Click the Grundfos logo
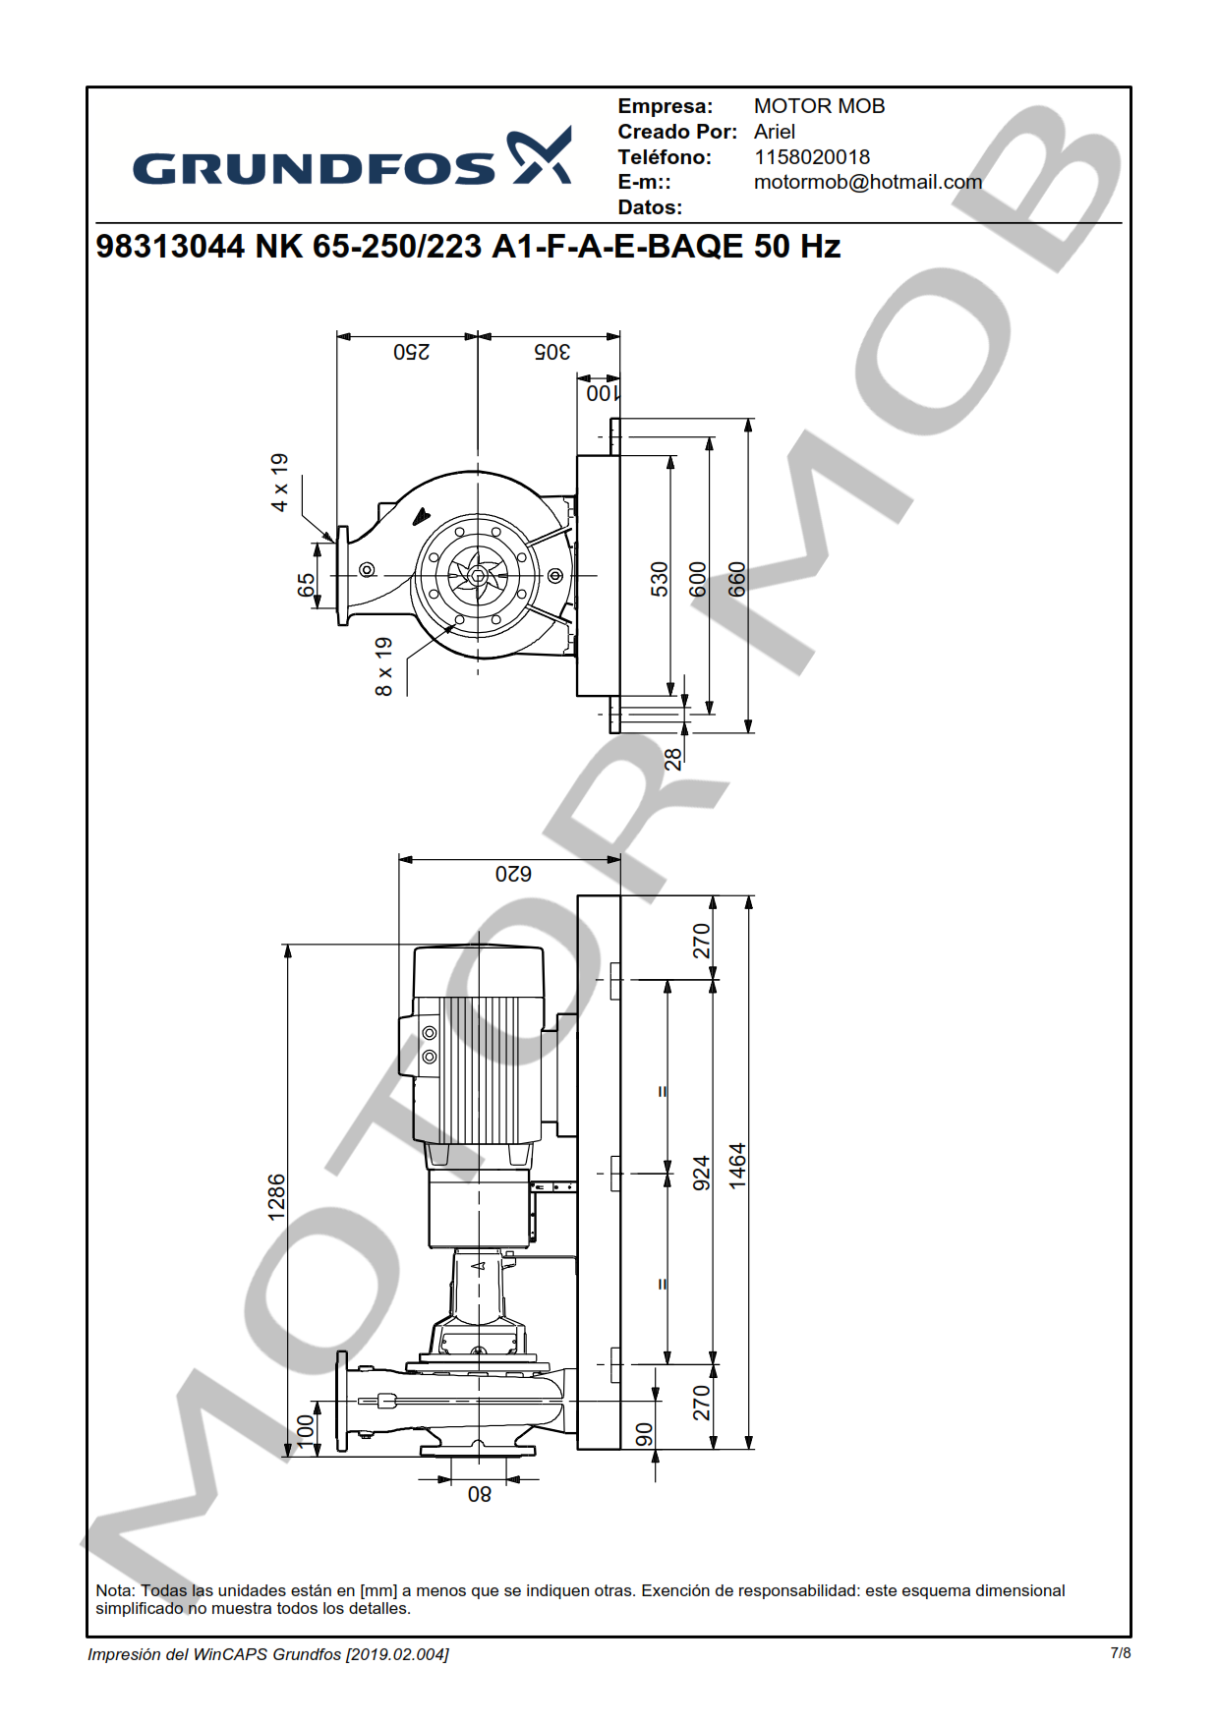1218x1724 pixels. pos(352,157)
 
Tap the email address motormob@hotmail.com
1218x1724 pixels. pos(868,182)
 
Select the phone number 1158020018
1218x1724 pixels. pos(812,157)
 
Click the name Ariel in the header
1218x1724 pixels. pos(775,132)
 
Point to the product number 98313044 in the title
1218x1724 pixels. pos(170,246)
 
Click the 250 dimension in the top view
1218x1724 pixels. pos(412,352)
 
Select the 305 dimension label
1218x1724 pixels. pos(552,352)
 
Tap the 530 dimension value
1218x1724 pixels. pos(660,579)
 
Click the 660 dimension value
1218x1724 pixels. pos(737,579)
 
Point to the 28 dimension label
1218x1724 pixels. pos(672,759)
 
